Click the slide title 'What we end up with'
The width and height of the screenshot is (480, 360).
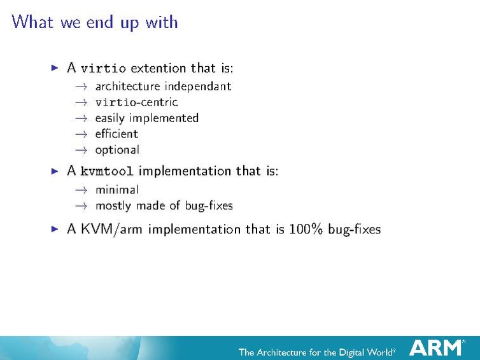coord(95,22)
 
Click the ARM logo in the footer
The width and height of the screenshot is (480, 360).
coord(436,347)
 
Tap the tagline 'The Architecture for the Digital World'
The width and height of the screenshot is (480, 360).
coord(316,352)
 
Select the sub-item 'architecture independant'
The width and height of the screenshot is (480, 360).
coord(163,86)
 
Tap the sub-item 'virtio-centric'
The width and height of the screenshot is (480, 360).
coord(136,102)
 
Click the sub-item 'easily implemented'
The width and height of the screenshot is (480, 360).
coord(146,118)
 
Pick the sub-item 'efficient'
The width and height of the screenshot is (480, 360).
coord(116,134)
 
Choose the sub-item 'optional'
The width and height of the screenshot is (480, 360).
coord(117,150)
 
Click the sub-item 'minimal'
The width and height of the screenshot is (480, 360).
coord(116,189)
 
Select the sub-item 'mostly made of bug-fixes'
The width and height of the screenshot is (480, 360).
coord(164,205)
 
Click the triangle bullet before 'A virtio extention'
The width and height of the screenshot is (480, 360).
coord(55,67)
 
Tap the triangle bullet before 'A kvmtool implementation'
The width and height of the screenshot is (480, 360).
coord(55,170)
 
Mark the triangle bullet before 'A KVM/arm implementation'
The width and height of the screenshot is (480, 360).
coord(55,228)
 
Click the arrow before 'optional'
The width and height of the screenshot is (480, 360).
coord(80,150)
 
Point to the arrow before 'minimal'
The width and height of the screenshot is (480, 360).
coord(80,190)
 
